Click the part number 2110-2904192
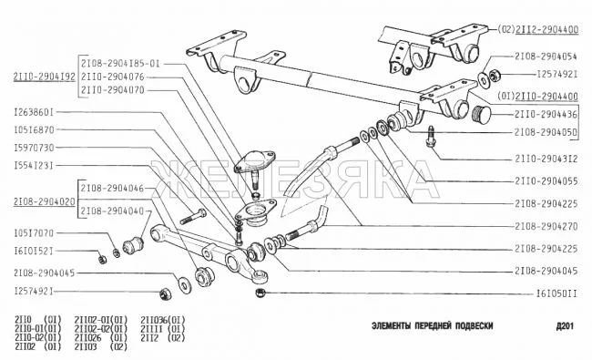point(45,77)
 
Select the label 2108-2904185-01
point(120,64)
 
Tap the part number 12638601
point(34,112)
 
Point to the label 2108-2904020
point(45,201)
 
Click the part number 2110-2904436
point(546,114)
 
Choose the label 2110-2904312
point(546,159)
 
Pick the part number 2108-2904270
point(546,226)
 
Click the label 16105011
point(556,293)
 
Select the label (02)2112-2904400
point(537,29)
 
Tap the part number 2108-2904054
point(546,57)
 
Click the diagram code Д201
point(565,325)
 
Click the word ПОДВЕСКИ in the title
point(474,325)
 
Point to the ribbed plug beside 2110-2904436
point(482,114)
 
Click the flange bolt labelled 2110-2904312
point(431,137)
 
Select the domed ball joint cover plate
point(255,160)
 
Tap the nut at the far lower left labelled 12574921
point(165,293)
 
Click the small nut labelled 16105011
point(260,293)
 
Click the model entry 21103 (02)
point(100,346)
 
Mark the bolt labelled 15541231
point(193,216)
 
